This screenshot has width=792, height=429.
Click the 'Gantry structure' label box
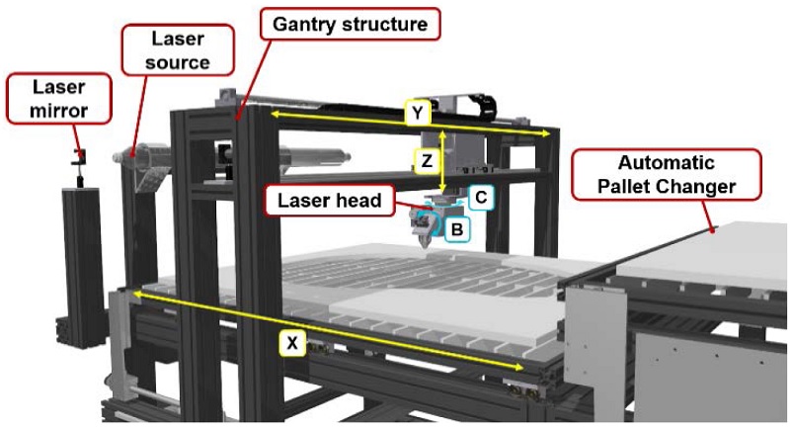click(x=352, y=22)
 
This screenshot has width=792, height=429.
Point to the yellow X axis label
click(x=291, y=343)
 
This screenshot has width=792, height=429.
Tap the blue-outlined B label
click(x=455, y=229)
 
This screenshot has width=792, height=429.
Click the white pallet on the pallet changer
click(x=711, y=252)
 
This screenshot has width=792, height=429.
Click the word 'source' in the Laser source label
click(x=179, y=62)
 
